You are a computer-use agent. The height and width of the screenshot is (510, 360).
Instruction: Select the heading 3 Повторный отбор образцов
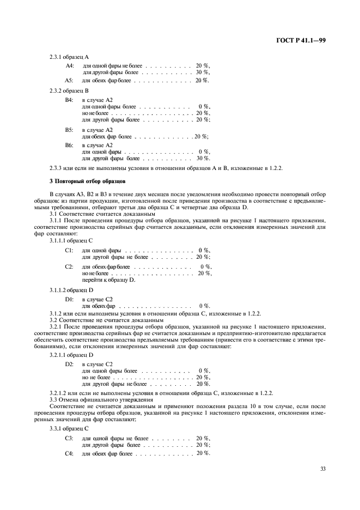click(x=88, y=180)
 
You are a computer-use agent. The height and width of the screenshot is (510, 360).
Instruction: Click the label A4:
click(x=70, y=65)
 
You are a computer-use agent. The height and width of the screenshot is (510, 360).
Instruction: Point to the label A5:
click(x=70, y=81)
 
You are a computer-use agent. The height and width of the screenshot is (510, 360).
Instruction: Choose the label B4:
click(x=69, y=100)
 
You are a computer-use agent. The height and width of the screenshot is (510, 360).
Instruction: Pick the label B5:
click(x=69, y=130)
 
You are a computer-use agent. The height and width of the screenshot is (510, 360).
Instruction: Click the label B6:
click(x=69, y=145)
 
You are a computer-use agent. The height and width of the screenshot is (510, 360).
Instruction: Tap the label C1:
click(x=69, y=250)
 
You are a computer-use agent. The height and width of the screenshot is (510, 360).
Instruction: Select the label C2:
click(x=69, y=266)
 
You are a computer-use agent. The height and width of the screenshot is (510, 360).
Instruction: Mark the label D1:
click(x=69, y=299)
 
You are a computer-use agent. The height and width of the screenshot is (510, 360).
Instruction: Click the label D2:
click(x=69, y=364)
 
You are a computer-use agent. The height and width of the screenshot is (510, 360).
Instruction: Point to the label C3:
click(x=69, y=438)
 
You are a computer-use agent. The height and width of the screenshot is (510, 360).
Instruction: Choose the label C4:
click(x=69, y=453)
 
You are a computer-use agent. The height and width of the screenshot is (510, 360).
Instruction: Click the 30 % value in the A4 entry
click(x=203, y=72)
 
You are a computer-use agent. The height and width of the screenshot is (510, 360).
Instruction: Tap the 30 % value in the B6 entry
click(x=203, y=159)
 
